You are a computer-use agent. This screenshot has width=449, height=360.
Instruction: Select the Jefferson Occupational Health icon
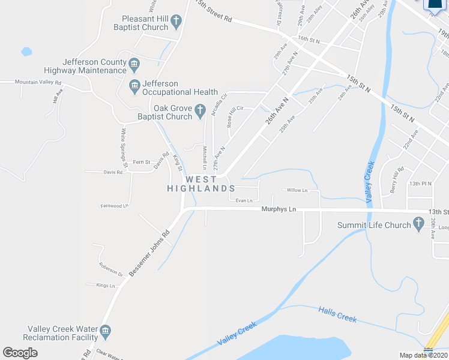(x=134, y=88)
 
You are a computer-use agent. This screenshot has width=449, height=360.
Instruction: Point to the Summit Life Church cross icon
(x=420, y=226)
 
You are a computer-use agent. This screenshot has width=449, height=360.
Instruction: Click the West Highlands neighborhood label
(x=196, y=184)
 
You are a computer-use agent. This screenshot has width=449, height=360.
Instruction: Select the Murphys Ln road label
(x=279, y=209)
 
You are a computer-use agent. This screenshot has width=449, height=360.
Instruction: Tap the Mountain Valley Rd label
(x=38, y=82)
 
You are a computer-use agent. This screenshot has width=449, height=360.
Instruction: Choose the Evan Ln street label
(x=244, y=200)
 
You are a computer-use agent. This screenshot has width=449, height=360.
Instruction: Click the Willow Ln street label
(x=297, y=190)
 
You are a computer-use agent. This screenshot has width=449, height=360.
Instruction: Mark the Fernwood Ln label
(x=115, y=206)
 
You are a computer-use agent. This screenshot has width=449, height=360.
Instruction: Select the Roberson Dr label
(x=111, y=269)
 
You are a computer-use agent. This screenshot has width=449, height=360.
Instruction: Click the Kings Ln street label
(x=105, y=286)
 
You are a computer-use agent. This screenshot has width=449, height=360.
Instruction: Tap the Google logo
(x=20, y=353)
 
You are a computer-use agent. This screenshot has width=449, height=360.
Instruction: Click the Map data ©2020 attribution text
(x=424, y=355)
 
